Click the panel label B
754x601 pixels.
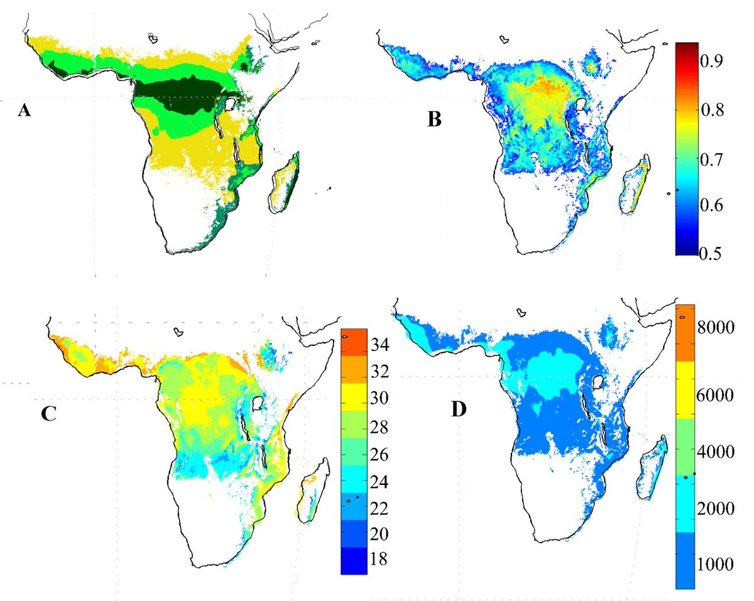pyautogui.click(x=434, y=119)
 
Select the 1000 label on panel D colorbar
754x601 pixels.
pyautogui.click(x=720, y=563)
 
